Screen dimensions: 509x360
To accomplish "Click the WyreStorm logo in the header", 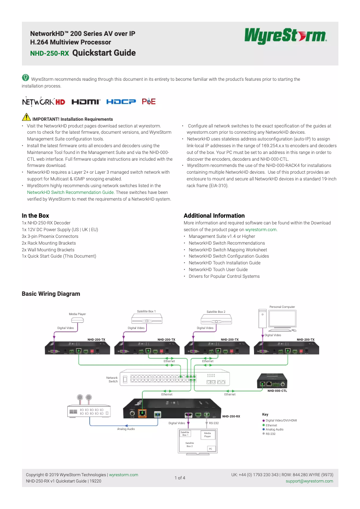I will click(x=285, y=36).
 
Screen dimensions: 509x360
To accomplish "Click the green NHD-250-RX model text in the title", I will click(x=49, y=53).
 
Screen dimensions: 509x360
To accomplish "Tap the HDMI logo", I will click(x=86, y=102).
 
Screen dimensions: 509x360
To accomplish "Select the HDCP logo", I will click(x=121, y=102).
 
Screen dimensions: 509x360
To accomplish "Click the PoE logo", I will click(x=149, y=102).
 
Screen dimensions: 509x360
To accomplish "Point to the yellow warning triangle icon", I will click(x=26, y=118).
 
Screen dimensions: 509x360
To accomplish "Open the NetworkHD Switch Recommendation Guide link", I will click(x=70, y=192).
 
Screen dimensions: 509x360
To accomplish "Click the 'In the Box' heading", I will click(x=35, y=216).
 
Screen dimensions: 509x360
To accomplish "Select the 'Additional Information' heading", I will click(x=214, y=216).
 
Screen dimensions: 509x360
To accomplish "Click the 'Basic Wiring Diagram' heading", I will click(x=51, y=294).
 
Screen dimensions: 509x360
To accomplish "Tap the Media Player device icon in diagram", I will click(x=77, y=320).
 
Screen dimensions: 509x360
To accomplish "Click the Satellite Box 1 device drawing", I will click(x=147, y=319).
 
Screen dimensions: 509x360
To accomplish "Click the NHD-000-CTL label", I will click(x=277, y=391).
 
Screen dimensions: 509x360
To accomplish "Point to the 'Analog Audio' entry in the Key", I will click(x=274, y=430).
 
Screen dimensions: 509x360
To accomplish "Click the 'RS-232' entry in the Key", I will click(x=270, y=434).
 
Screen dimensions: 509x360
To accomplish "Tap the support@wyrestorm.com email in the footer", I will click(x=309, y=481).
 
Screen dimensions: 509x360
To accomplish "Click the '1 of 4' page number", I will click(x=180, y=478).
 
